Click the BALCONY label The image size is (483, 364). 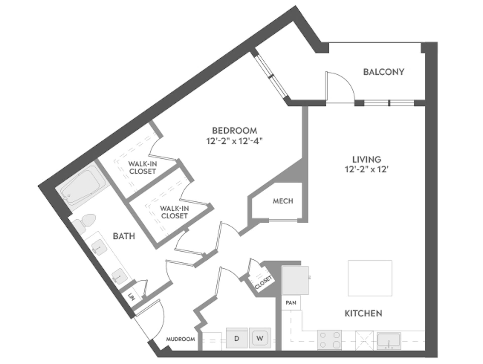pos(383,72)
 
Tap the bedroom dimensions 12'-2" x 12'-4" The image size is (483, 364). pos(234,141)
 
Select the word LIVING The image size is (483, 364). pos(367,159)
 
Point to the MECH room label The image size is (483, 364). pos(283,201)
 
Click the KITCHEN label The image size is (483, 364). pos(363,313)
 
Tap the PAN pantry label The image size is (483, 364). pos(291,303)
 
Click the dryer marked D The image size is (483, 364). pos(237,338)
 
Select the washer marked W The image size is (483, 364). pos(260,338)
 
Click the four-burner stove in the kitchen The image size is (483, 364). pos(329,339)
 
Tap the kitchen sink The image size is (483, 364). pos(389,341)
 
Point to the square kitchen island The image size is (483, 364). pos(370,278)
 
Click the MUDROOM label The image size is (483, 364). pos(180,339)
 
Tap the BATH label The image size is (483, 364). pos(124,236)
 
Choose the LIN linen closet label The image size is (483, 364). pos(131,297)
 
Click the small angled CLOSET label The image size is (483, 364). pos(263,282)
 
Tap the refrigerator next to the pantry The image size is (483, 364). pos(295,280)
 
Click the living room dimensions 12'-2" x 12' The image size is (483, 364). pos(367,170)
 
